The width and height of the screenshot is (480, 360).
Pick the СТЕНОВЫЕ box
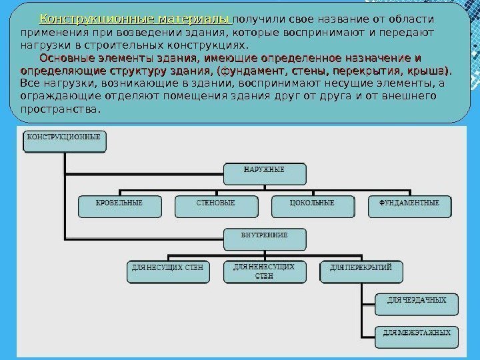215,205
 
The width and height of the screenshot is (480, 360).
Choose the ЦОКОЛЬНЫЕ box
312,205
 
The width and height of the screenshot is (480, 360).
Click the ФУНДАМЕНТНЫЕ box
409,205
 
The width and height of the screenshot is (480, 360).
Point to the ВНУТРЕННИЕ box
264,238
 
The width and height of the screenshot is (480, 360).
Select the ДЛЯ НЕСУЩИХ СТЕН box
167,270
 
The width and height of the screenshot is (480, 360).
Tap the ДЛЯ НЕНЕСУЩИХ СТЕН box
264,271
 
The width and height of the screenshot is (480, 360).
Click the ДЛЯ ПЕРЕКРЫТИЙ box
361,270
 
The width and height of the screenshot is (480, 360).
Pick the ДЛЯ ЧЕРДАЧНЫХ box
417,303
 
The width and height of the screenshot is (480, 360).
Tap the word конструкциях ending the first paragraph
214,45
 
